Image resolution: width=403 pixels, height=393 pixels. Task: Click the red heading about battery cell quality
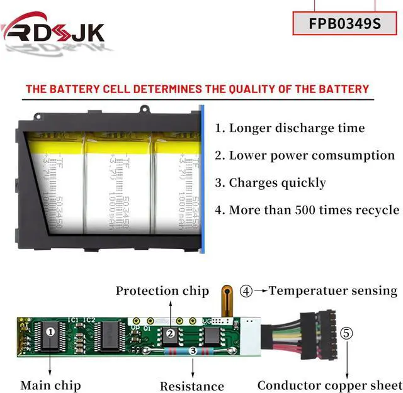197,89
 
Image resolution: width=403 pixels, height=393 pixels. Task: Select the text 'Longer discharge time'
290,128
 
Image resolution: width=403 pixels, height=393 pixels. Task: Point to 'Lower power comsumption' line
305,155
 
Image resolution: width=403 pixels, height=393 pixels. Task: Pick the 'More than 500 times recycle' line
307,210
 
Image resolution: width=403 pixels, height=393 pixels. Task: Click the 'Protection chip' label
162,291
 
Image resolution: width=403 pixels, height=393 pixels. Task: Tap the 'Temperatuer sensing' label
333,291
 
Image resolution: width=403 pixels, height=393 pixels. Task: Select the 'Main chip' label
50,385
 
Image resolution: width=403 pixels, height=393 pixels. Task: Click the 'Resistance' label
191,386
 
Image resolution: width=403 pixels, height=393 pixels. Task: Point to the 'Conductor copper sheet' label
328,385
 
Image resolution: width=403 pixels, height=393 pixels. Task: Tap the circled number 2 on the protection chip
170,335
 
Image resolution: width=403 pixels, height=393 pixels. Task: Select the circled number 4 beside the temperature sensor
246,291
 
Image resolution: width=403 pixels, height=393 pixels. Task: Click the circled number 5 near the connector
346,333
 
